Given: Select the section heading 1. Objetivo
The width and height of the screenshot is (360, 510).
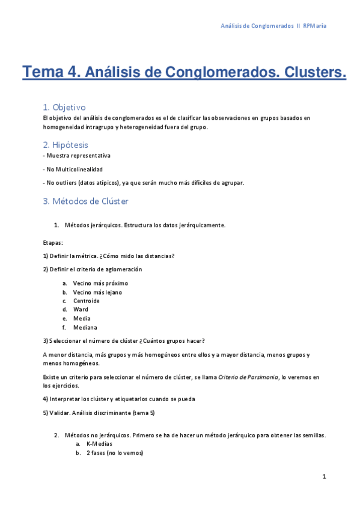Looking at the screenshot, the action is [x=64, y=107].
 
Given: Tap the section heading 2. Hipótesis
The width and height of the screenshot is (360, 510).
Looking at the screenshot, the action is [x=66, y=145].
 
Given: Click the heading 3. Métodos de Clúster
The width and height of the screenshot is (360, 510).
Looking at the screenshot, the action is [x=85, y=201].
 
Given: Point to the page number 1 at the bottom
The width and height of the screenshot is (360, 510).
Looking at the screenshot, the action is [x=324, y=477].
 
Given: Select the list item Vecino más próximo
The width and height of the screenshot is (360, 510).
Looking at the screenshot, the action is [x=100, y=283].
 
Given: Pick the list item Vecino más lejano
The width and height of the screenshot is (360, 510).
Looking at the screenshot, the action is [x=97, y=292].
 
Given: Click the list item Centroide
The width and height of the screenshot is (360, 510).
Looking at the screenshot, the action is [x=87, y=301].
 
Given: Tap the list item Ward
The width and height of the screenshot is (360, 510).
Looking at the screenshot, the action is [x=81, y=310].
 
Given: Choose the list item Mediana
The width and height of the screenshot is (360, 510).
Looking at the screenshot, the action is [x=85, y=328].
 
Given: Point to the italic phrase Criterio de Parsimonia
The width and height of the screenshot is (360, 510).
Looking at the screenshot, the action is [x=248, y=377].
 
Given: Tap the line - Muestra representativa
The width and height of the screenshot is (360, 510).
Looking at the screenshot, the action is [x=77, y=155].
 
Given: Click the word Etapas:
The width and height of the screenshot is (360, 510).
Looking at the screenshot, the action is [x=53, y=243].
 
